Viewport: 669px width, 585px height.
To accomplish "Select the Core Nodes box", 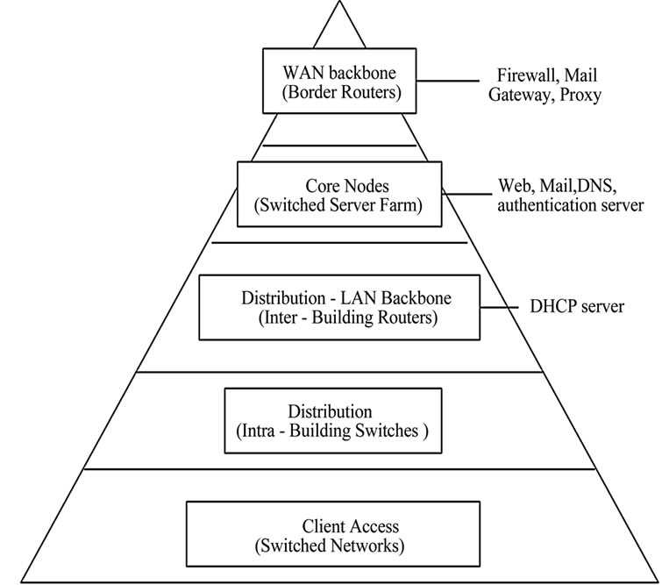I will [x=341, y=196].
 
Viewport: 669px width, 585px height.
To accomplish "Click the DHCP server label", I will [x=577, y=307].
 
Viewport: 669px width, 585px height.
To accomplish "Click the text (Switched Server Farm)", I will [x=341, y=205].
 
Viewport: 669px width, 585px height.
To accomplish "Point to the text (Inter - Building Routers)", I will [x=338, y=317].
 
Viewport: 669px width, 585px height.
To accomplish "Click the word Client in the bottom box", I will [x=322, y=526].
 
